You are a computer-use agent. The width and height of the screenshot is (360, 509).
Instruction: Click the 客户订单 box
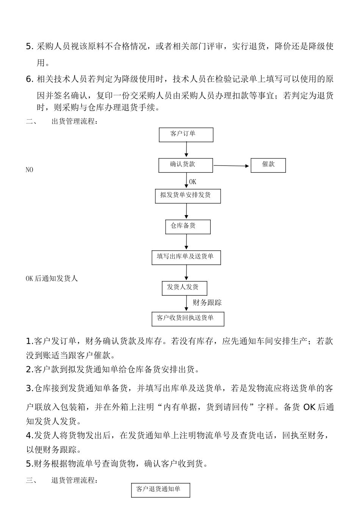click(x=186, y=135)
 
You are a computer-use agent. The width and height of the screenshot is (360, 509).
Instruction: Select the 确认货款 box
click(x=186, y=166)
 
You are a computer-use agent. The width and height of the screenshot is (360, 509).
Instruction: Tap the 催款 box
click(x=268, y=166)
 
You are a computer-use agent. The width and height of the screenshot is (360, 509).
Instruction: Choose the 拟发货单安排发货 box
click(x=188, y=196)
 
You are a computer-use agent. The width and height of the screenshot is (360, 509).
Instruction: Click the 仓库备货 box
click(x=188, y=227)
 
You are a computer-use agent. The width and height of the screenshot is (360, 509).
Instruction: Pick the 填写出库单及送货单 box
click(x=186, y=258)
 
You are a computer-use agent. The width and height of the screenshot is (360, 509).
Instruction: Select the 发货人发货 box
click(x=185, y=288)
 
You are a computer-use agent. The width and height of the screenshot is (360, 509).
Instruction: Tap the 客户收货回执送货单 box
click(x=188, y=319)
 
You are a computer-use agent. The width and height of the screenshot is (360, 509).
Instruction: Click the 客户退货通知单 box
click(x=160, y=490)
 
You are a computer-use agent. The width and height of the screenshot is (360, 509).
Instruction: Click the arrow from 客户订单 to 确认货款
click(x=186, y=150)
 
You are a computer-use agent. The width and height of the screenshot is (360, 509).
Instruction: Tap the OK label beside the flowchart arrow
click(x=193, y=182)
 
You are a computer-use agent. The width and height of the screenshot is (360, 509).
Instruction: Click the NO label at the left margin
click(x=29, y=170)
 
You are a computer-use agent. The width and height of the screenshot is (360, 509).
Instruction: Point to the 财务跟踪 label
click(x=207, y=303)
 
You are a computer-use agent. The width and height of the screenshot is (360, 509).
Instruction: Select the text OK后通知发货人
click(x=52, y=279)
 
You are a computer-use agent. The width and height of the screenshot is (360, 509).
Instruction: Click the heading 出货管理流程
click(x=74, y=122)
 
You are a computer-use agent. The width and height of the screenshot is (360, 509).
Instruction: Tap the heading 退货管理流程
click(x=74, y=481)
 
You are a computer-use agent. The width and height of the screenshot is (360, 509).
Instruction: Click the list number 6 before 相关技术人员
click(x=29, y=79)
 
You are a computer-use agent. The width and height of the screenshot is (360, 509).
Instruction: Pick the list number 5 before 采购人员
click(x=29, y=47)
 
